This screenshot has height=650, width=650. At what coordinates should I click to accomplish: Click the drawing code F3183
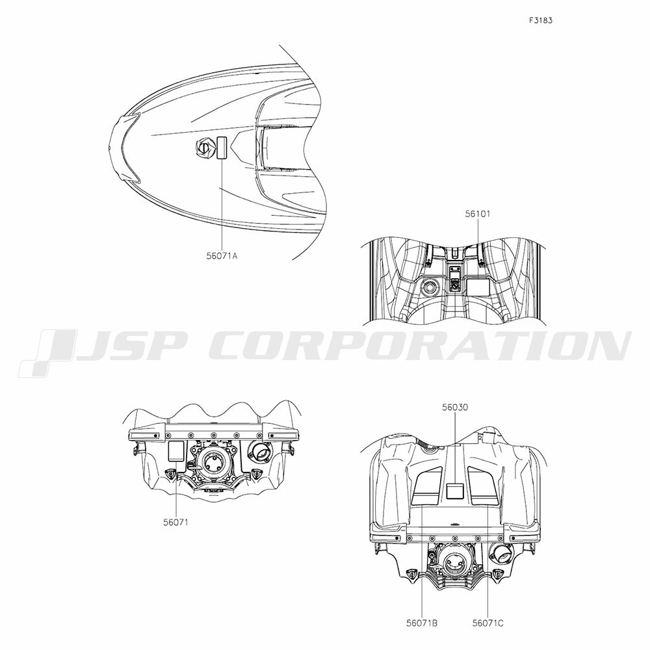[540, 20]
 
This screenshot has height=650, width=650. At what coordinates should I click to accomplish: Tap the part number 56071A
[222, 255]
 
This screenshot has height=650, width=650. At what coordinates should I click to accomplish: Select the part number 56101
[477, 214]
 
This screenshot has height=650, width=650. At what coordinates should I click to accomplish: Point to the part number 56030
[455, 408]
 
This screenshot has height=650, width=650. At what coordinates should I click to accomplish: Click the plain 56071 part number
[175, 523]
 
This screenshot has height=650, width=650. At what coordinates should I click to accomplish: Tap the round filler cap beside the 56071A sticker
[204, 147]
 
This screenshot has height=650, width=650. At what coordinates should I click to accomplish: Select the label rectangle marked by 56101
[478, 287]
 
